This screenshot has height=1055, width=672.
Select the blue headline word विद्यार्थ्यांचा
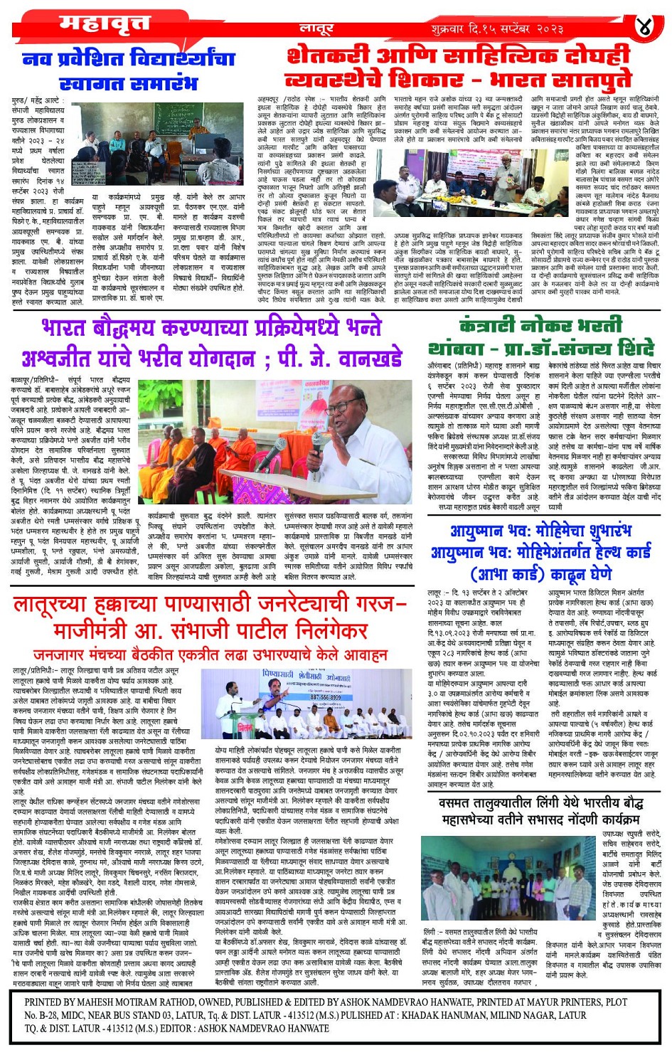(x=178, y=59)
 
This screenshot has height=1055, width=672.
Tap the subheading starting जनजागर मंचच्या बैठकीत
(x=210, y=654)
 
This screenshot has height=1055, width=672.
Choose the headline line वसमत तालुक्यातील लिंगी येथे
(x=540, y=803)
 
